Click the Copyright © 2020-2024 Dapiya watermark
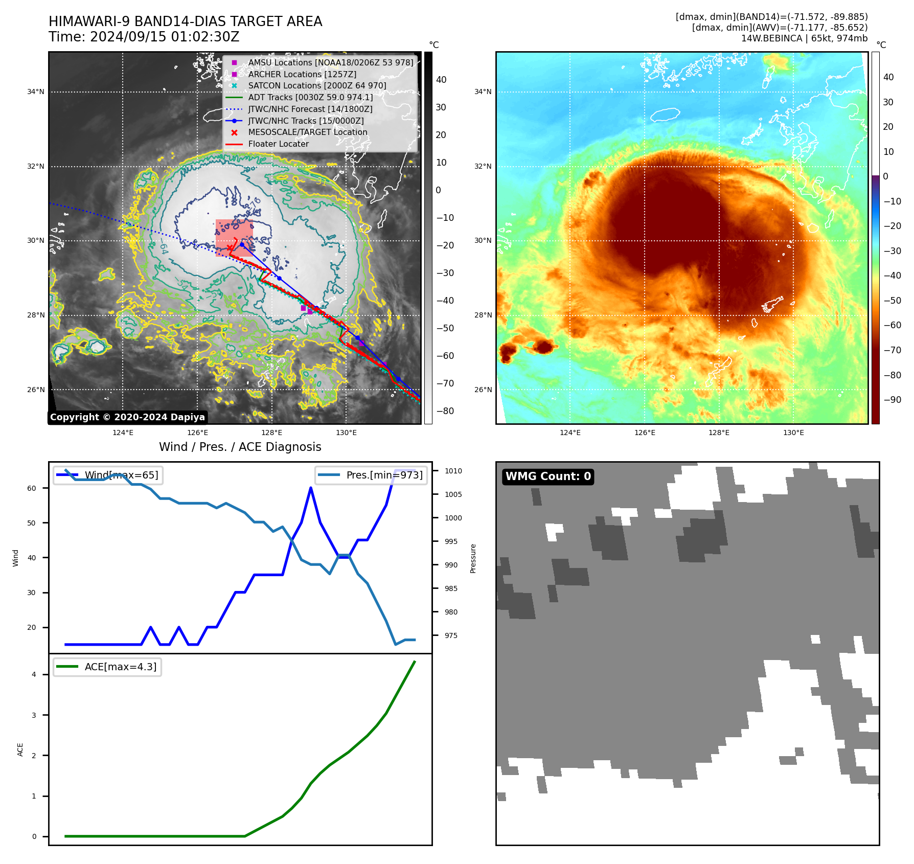coord(127,417)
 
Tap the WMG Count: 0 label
coord(548,476)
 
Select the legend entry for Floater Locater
coord(278,144)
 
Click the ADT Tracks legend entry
coord(310,98)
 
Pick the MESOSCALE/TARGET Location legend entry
coord(307,132)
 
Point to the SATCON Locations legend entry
coord(317,86)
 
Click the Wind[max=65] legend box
coord(108,475)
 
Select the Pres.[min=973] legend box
coord(371,475)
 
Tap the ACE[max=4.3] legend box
coord(107,667)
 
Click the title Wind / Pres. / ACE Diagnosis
coord(240,447)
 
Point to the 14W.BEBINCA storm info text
coord(804,38)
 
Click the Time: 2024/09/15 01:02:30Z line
coord(144,37)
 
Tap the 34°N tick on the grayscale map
coord(36,92)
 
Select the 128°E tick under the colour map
coord(719,433)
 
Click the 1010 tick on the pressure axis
coord(453,471)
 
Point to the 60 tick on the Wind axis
coord(32,488)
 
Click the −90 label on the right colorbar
coord(892,400)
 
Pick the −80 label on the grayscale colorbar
coord(445,411)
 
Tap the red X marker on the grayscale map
coord(230,248)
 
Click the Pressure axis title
coord(473,558)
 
